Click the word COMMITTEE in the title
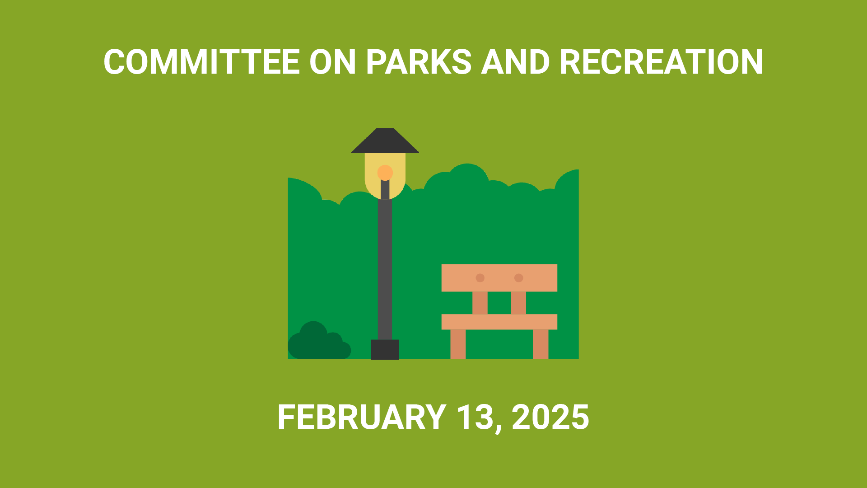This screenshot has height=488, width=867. point(202,62)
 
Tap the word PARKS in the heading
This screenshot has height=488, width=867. point(419,62)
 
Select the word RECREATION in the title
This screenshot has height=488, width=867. point(662,62)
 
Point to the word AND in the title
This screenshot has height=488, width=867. point(515,62)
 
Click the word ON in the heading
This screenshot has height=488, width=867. point(333,62)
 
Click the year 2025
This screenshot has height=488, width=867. point(550,417)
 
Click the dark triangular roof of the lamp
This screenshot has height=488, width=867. point(385,141)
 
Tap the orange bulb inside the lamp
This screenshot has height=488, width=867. point(385,173)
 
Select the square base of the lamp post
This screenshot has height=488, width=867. point(385,350)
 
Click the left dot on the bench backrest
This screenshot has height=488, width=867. point(480,278)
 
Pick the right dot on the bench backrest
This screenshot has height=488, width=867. point(519,278)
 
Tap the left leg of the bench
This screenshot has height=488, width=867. point(458,344)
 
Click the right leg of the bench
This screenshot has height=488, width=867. point(541,344)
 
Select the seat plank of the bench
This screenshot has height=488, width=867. point(499,322)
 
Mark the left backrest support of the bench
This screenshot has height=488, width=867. point(480,303)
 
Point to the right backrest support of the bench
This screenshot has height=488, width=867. point(518,303)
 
